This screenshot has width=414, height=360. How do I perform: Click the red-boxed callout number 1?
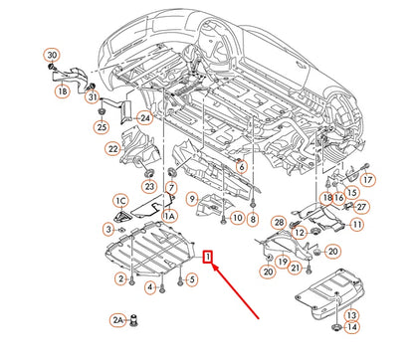tap(206, 258)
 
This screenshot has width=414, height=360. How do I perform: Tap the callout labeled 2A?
tap(116, 319)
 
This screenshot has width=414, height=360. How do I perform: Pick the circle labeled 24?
tap(144, 117)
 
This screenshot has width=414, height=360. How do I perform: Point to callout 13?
tap(351, 315)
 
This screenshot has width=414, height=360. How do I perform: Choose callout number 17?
tap(367, 179)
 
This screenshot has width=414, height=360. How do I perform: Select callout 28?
tap(279, 222)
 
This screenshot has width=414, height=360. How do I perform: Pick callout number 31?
tap(90, 96)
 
